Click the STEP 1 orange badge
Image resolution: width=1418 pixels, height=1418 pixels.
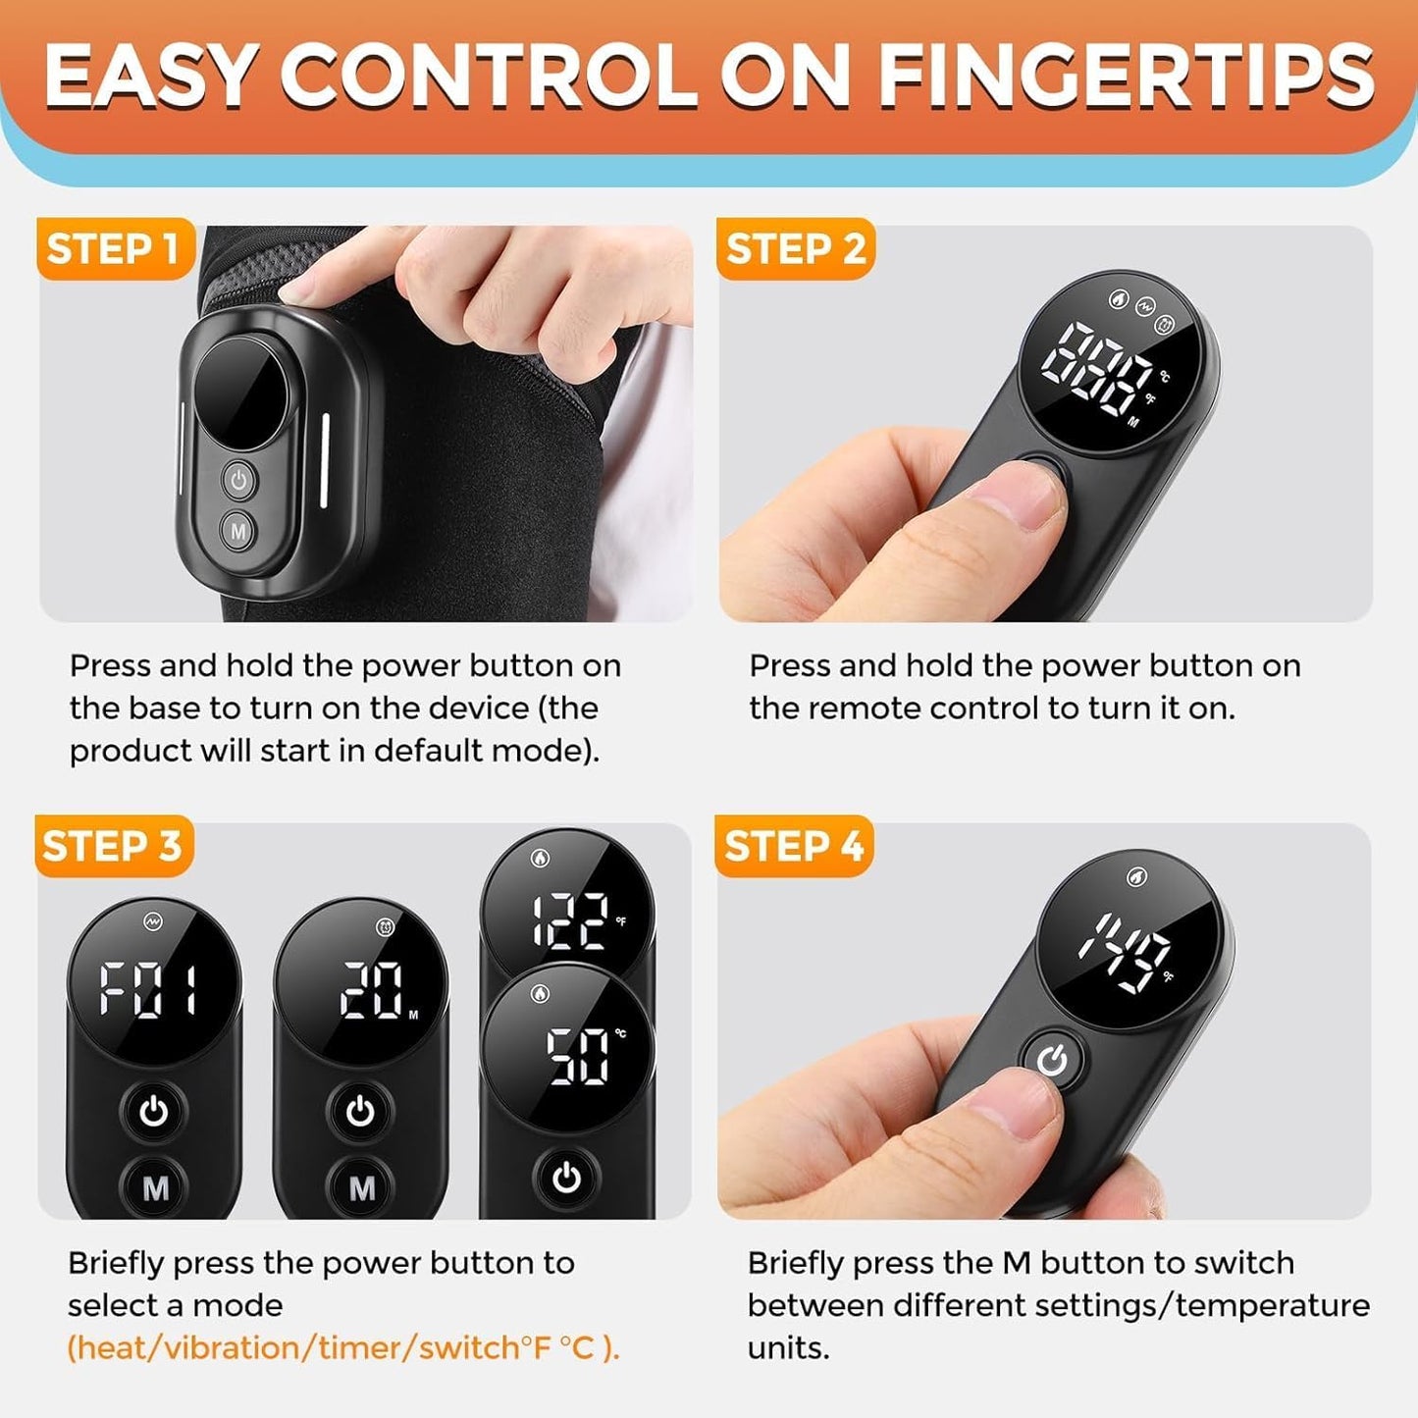(116, 248)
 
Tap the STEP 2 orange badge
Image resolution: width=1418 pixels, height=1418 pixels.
(796, 248)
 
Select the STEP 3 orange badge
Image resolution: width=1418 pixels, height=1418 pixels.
(114, 846)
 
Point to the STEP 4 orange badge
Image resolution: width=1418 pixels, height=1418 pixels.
(794, 846)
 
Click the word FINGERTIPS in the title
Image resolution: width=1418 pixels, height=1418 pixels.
(1127, 77)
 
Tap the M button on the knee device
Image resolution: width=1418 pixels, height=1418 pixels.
(238, 531)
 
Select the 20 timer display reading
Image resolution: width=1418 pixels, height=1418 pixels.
(372, 991)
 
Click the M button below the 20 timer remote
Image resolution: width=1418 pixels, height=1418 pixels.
(360, 1187)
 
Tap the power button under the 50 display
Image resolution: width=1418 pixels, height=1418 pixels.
(566, 1179)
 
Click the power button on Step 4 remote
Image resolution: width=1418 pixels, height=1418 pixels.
(1053, 1061)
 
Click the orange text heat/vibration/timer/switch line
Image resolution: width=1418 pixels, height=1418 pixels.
(343, 1348)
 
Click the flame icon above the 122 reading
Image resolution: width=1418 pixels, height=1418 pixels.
(540, 858)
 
